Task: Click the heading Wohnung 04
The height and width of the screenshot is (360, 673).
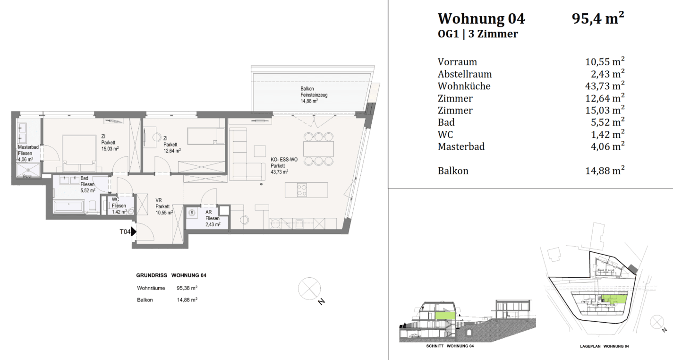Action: [x=481, y=19]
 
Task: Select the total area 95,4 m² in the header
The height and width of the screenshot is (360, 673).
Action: [x=598, y=18]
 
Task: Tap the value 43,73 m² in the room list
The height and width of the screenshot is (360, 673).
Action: [x=605, y=86]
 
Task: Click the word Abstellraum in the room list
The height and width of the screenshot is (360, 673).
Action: [x=465, y=74]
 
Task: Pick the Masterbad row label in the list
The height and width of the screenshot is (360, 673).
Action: [x=461, y=146]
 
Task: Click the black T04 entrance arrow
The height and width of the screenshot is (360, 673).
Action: [x=134, y=231]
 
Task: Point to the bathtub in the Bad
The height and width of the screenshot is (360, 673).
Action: [x=69, y=206]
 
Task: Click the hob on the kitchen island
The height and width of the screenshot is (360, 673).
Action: [x=301, y=190]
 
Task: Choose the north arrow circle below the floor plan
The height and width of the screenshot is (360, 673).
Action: [x=309, y=288]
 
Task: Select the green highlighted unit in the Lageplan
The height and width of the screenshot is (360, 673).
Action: [x=614, y=298]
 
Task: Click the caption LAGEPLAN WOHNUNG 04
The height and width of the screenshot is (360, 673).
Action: [x=604, y=346]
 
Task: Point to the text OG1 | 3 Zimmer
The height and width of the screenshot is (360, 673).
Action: [x=477, y=34]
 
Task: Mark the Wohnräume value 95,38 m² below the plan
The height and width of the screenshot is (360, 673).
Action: [x=187, y=288]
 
